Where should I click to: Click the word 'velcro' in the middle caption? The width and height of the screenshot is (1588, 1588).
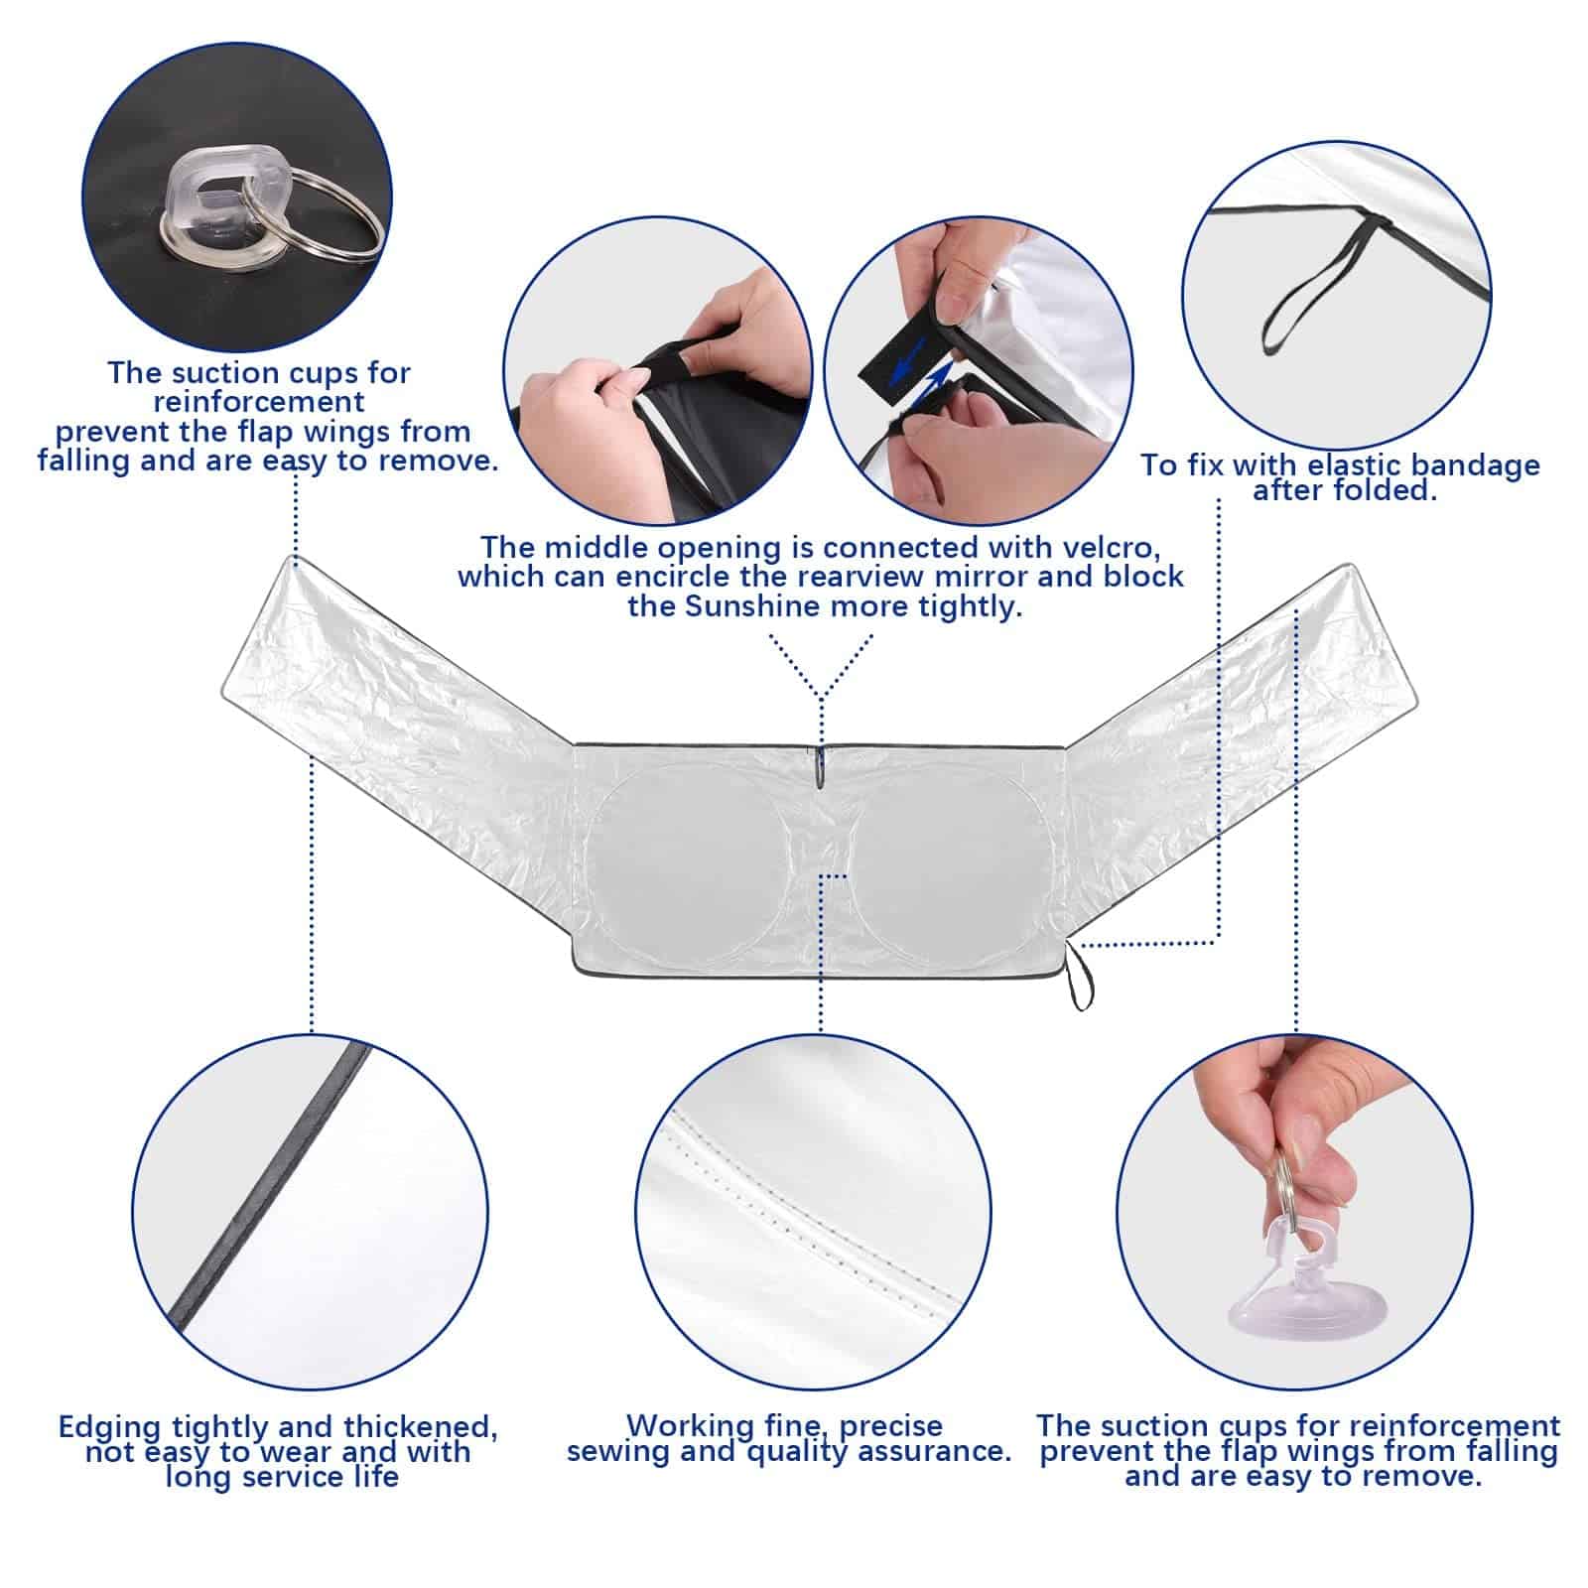(x=1102, y=548)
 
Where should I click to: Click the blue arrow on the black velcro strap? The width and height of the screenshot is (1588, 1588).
(x=908, y=360)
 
